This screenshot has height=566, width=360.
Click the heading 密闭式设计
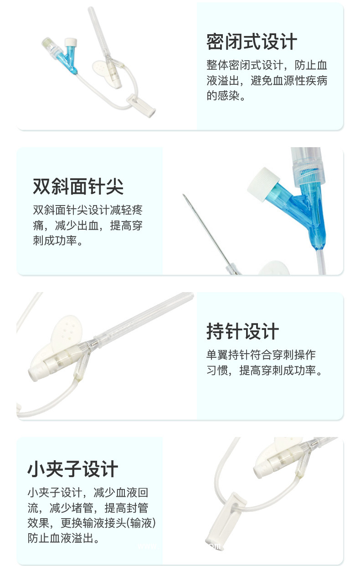coord(252,42)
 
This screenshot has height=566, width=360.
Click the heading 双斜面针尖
coord(78,186)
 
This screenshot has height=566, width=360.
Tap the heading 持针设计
coord(242,331)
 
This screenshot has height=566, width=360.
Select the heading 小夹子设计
coord(73,469)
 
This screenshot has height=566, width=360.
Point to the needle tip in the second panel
coord(185,197)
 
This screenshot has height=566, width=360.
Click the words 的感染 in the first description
coord(223,96)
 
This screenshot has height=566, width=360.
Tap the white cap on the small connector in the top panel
coord(71,42)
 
